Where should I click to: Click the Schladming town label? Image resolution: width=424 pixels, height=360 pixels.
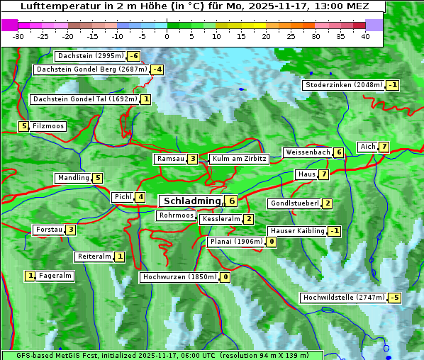tap(192, 201)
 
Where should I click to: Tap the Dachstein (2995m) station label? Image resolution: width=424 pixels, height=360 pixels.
tap(90, 56)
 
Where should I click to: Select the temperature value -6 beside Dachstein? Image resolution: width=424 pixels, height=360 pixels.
tap(133, 56)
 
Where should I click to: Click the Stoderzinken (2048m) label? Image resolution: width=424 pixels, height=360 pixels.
tap(343, 85)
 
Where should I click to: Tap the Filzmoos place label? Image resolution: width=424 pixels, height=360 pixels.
tap(48, 126)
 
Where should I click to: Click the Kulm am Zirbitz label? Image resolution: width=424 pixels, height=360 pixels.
tap(239, 159)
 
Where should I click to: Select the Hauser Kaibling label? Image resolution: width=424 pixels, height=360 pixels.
tap(297, 231)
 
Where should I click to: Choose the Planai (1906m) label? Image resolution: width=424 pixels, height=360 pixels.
tap(236, 242)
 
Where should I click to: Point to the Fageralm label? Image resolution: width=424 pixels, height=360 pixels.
tap(55, 276)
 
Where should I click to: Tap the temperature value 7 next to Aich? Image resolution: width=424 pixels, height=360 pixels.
tap(384, 147)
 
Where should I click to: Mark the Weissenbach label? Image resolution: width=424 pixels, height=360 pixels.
tap(308, 152)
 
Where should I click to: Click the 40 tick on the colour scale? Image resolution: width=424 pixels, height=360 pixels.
tap(365, 35)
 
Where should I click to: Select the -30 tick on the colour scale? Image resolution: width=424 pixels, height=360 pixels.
tap(18, 35)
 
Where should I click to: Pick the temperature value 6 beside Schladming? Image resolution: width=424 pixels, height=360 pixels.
tap(231, 201)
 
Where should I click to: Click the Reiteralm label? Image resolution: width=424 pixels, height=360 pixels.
tap(94, 257)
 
